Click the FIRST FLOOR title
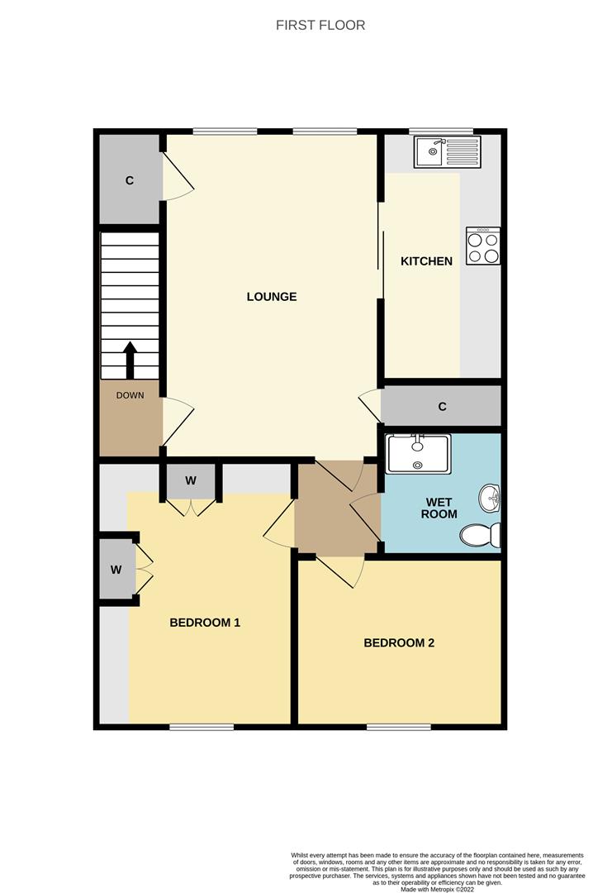click(320, 25)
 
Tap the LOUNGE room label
click(272, 297)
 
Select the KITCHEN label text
click(426, 261)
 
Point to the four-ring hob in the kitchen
click(483, 246)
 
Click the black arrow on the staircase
click(130, 359)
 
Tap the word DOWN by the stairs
click(130, 395)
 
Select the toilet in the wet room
click(480, 535)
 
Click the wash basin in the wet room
click(489, 499)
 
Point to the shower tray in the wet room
click(419, 454)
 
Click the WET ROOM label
click(439, 508)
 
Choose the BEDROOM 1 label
click(205, 623)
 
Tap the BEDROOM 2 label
click(399, 642)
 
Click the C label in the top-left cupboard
click(130, 180)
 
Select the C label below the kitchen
click(443, 407)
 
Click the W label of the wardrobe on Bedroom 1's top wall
click(191, 480)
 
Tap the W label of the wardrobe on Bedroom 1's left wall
click(116, 570)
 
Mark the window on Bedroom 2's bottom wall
click(399, 727)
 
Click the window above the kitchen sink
click(441, 131)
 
